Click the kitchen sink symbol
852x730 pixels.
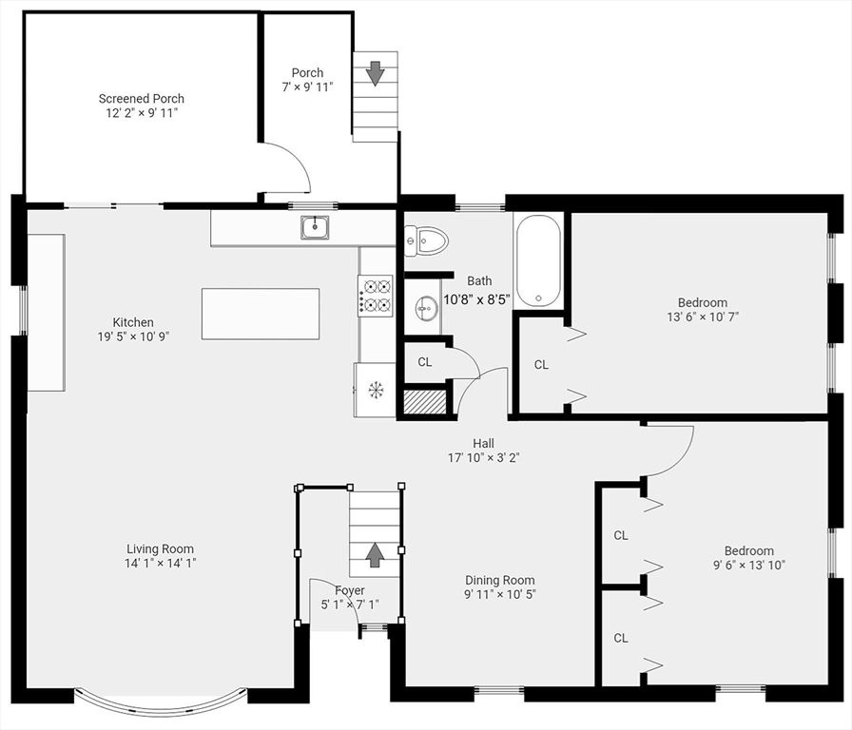(x=315, y=227)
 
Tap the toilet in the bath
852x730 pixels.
(x=426, y=240)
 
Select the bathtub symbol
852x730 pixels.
(x=539, y=260)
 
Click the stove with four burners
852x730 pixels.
(x=375, y=295)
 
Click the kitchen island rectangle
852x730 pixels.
(x=260, y=314)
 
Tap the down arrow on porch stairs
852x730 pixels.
(x=375, y=73)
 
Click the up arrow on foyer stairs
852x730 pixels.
(x=375, y=554)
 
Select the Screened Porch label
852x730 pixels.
(x=142, y=99)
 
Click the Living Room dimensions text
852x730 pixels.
(x=160, y=563)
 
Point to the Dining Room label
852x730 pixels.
(x=499, y=580)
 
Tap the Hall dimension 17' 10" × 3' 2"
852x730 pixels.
(x=483, y=457)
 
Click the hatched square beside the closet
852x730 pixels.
(x=425, y=402)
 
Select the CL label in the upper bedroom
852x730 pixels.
(x=541, y=364)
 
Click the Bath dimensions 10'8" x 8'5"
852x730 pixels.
(x=477, y=298)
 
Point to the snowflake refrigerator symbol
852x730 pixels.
(x=375, y=389)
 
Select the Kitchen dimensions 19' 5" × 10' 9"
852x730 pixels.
(x=133, y=336)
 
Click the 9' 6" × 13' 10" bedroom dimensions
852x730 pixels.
(x=748, y=565)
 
